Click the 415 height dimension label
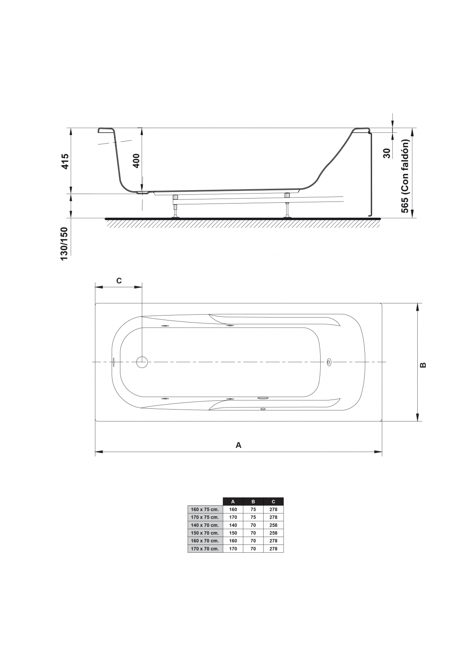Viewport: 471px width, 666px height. pos(65,162)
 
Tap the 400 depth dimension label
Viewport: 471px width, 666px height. pos(136,161)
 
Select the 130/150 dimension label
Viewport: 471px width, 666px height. pos(64,244)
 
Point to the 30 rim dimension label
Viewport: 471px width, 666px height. pos(387,153)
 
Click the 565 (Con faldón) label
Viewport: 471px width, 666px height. pos(405,176)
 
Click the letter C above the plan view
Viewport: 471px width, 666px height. pos(119,281)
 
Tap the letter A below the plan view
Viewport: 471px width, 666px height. pos(238,445)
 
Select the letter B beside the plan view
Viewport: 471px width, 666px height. pos(423,365)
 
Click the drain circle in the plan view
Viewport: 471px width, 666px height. pos(142,362)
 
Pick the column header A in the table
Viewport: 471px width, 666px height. pos(233,502)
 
